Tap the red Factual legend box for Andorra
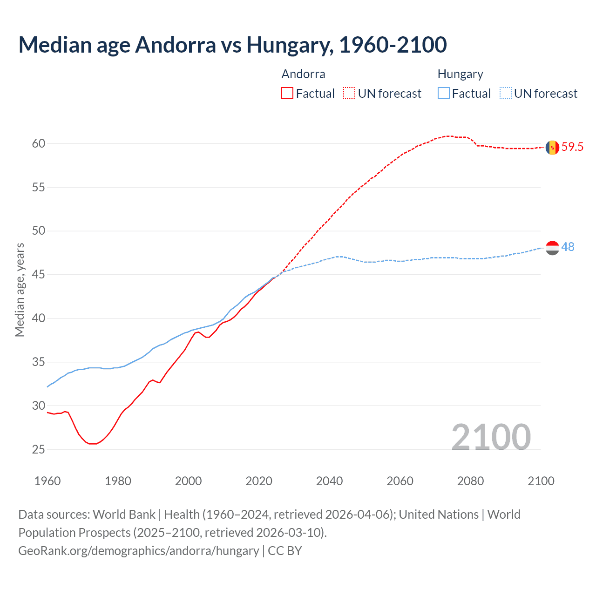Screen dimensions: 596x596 click(287, 94)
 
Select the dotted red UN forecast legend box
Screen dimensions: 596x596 click(349, 94)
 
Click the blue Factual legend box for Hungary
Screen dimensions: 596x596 click(444, 94)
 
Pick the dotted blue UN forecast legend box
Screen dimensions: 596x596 click(506, 94)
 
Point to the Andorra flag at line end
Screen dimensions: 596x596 click(552, 147)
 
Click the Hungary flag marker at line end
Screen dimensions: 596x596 click(552, 248)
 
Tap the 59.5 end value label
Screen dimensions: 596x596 click(572, 147)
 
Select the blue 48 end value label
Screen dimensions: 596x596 click(568, 247)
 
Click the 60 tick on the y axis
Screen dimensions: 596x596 click(39, 143)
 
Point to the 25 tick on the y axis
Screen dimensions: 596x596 click(39, 449)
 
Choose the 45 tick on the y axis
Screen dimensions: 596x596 click(39, 275)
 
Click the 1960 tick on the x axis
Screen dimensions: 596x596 click(47, 481)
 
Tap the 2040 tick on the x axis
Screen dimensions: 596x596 click(329, 481)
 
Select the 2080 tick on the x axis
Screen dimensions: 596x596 click(470, 481)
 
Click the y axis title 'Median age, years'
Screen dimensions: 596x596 click(20, 290)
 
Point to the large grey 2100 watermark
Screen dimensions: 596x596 click(491, 437)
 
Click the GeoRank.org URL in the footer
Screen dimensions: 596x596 click(138, 551)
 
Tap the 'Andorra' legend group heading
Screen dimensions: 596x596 click(303, 74)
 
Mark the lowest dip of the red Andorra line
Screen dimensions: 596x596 click(92, 444)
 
